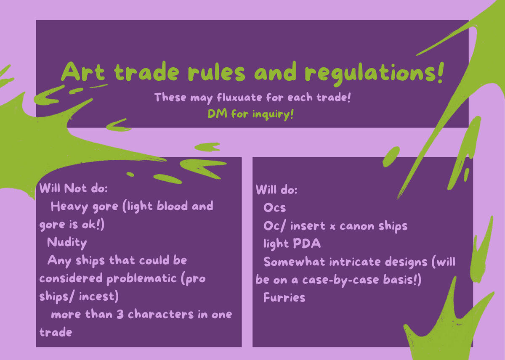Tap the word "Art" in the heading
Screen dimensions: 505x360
(x=83, y=71)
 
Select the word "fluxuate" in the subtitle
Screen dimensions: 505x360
(x=239, y=98)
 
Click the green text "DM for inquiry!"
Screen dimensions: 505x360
(x=250, y=114)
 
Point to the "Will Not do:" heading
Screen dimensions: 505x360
(x=74, y=188)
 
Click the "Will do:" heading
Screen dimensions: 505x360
(x=276, y=189)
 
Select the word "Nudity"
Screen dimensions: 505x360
(x=67, y=243)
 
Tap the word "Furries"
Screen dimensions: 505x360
(x=284, y=297)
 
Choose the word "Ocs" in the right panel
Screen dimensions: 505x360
(x=274, y=207)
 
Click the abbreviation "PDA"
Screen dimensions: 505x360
(x=307, y=244)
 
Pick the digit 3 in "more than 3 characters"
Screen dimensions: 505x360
(x=120, y=314)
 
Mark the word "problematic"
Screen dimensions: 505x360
(x=141, y=279)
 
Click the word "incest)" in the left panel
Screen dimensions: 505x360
(x=99, y=296)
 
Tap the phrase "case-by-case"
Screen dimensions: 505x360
(x=340, y=280)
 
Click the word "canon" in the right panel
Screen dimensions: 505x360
(x=357, y=226)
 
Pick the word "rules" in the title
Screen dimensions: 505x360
(x=216, y=72)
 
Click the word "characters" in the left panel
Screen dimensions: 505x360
(x=161, y=314)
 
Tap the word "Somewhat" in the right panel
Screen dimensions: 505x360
(x=294, y=262)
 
